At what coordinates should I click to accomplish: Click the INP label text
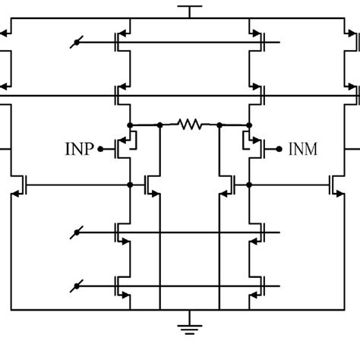(79, 150)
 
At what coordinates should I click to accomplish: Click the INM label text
(303, 150)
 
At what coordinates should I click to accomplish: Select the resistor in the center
(189, 124)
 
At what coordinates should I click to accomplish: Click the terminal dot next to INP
(100, 150)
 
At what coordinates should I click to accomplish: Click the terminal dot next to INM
(279, 150)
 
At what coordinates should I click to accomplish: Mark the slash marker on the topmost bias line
(77, 42)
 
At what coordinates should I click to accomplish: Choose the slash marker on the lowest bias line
(77, 286)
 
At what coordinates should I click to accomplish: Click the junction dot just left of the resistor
(159, 125)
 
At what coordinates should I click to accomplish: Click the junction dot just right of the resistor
(219, 125)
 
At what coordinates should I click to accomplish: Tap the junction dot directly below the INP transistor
(131, 184)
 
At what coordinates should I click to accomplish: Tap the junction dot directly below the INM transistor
(249, 184)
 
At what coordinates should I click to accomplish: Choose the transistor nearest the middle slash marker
(125, 232)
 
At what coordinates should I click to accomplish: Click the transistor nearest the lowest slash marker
(125, 286)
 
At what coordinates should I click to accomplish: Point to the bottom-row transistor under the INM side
(255, 286)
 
